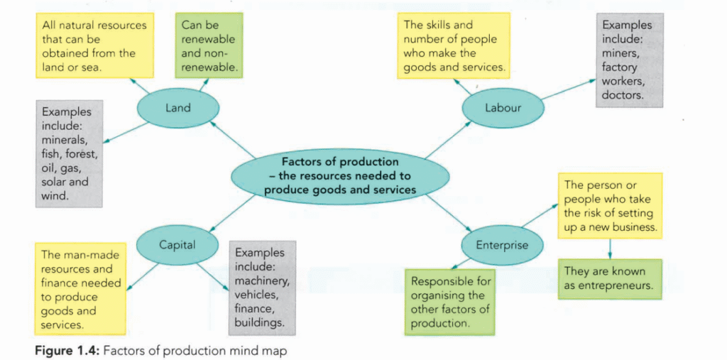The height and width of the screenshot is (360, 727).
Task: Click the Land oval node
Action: (x=177, y=109)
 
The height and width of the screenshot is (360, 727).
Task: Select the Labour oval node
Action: (x=503, y=109)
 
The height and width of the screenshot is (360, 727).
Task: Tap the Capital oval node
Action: (x=177, y=246)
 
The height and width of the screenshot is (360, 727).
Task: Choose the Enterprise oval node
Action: (x=502, y=246)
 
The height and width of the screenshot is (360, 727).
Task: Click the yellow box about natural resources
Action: (x=94, y=46)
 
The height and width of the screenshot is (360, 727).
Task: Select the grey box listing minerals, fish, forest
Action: (x=68, y=153)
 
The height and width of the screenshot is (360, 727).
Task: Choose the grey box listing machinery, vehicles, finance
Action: (x=262, y=287)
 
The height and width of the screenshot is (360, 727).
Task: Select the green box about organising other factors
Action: (x=449, y=301)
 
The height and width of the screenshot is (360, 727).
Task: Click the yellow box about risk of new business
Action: (x=609, y=206)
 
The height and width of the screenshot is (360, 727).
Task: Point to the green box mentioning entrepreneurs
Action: (x=609, y=278)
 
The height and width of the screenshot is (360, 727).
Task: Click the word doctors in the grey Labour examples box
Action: (x=623, y=94)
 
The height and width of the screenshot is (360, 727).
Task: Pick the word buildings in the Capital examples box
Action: (x=259, y=321)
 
